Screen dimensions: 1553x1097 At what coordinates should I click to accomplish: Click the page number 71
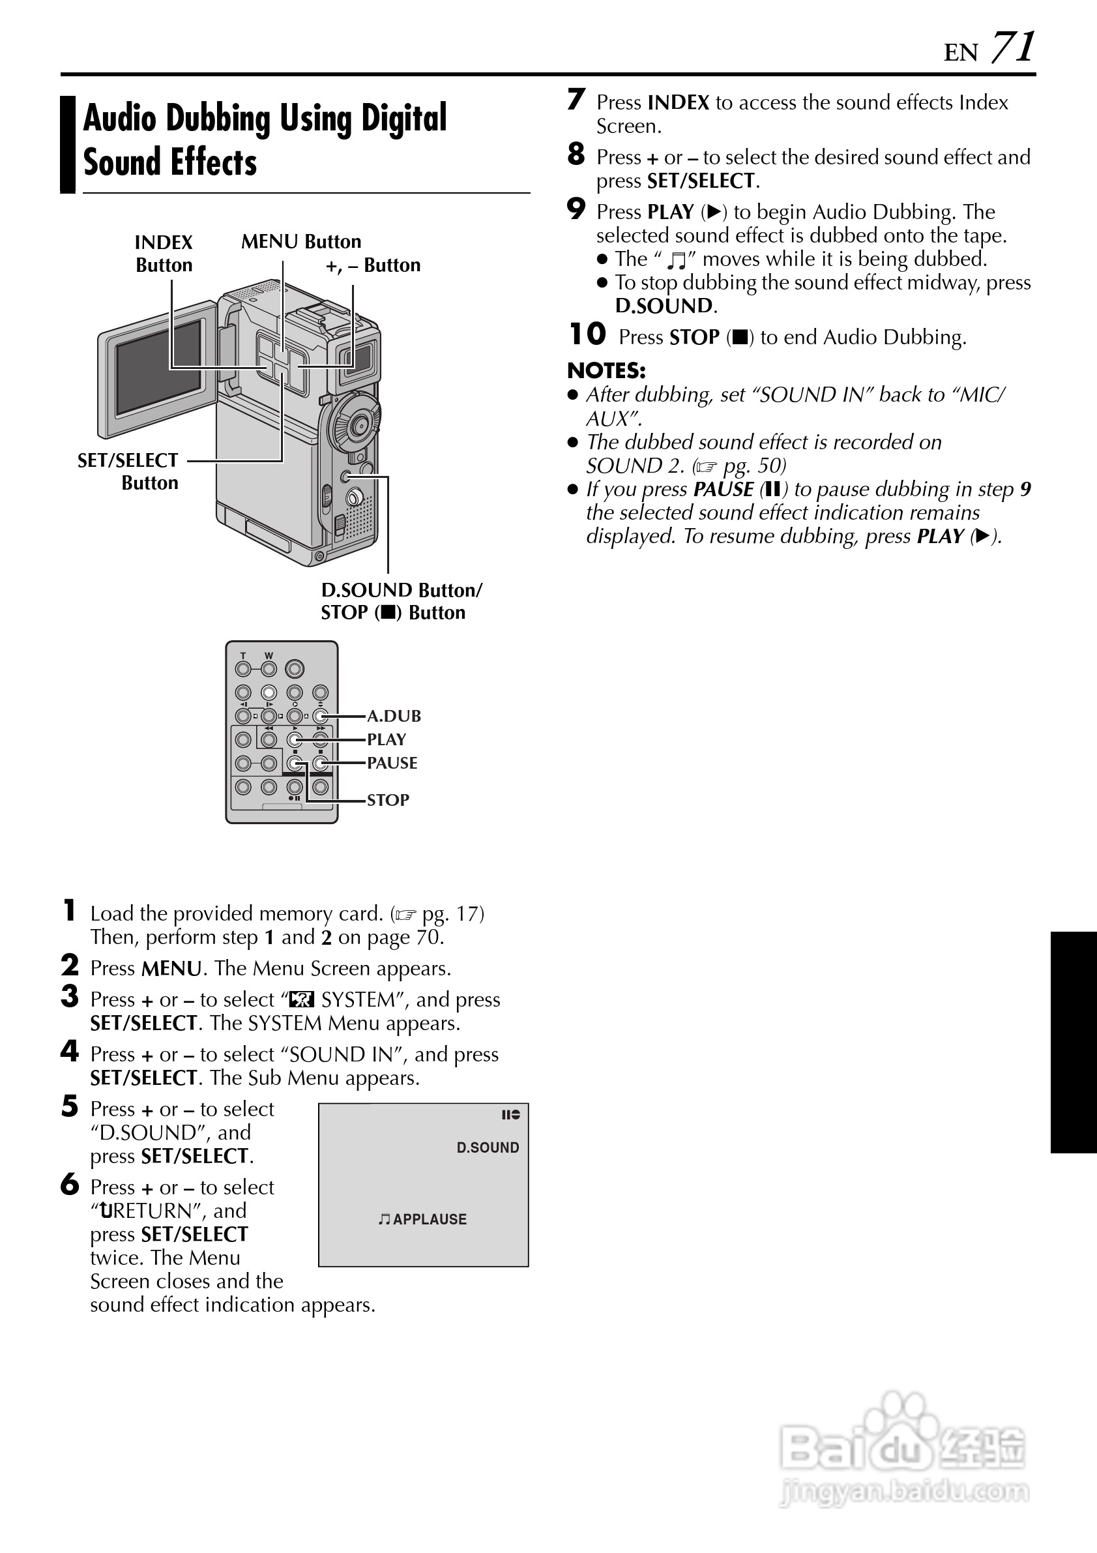[x=1012, y=48]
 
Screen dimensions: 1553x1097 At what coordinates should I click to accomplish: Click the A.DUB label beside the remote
[x=394, y=716]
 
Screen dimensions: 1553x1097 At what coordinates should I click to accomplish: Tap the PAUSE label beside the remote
[x=392, y=763]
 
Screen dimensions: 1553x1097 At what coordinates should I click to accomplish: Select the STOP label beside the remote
[x=388, y=800]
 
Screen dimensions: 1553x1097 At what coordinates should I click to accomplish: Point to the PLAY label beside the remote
[x=386, y=739]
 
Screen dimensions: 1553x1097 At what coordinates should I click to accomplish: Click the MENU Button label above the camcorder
[x=301, y=241]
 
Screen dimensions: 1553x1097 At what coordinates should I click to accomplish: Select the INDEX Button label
[x=164, y=253]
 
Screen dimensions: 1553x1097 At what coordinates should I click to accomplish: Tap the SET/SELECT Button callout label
[x=128, y=471]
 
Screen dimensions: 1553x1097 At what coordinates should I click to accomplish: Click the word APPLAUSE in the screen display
[x=430, y=1219]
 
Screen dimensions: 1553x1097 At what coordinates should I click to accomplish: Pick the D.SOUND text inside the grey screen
[x=488, y=1148]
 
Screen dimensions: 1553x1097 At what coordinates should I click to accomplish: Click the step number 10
[x=587, y=334]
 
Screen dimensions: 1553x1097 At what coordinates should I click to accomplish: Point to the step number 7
[x=576, y=100]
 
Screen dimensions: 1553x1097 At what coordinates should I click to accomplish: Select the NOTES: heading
[x=606, y=371]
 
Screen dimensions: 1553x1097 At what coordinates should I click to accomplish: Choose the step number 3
[x=70, y=996]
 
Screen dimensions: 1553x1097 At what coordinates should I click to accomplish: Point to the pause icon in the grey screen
[x=510, y=1115]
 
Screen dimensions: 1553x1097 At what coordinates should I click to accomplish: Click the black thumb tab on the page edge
[x=1074, y=1042]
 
